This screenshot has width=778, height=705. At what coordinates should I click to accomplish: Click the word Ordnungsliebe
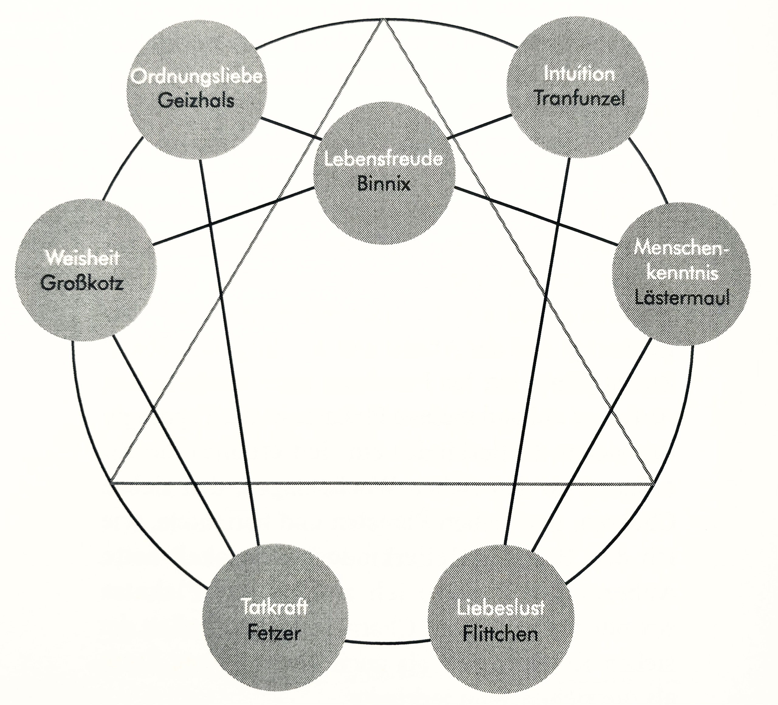point(196,76)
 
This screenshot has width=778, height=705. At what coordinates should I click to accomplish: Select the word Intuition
point(579,74)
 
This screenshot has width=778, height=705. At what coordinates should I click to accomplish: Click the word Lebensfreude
point(384,159)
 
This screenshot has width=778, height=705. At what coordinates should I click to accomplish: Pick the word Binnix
point(384,184)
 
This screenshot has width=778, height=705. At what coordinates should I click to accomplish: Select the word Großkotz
point(82,284)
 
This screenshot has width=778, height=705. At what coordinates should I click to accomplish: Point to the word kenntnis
point(682,273)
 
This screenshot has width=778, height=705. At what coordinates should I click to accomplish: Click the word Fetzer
point(274,633)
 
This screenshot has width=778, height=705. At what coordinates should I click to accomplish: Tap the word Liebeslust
point(501,608)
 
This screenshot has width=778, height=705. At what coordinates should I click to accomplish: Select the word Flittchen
point(500,634)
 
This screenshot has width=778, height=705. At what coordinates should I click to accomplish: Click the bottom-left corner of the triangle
point(111,482)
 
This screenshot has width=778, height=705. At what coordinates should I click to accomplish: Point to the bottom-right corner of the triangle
point(654,483)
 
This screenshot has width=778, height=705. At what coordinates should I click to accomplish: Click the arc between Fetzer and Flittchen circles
point(387,643)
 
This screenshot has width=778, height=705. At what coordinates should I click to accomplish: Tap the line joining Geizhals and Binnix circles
point(291,128)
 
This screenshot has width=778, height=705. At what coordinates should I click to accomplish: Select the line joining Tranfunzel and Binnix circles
point(479,126)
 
